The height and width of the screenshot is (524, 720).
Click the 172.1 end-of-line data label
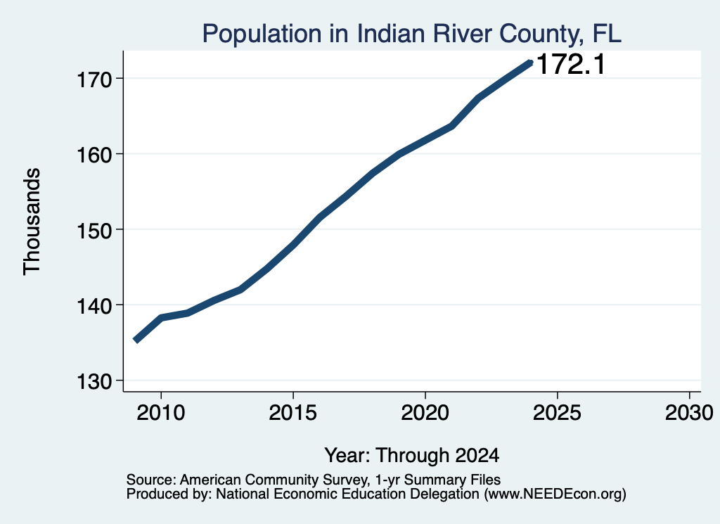click(571, 64)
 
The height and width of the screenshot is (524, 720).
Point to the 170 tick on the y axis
click(94, 80)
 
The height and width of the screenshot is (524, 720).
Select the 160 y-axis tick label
click(94, 155)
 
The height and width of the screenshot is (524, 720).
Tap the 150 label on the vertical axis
click(94, 231)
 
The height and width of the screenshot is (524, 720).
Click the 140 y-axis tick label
click(94, 306)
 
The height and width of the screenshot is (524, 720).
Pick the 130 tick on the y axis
click(94, 382)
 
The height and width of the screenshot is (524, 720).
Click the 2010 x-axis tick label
click(161, 413)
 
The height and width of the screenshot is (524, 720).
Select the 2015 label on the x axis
click(293, 413)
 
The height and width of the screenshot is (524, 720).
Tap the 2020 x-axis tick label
click(425, 413)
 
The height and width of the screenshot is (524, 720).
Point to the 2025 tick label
click(557, 413)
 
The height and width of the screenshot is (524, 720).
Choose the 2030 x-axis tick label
click(689, 413)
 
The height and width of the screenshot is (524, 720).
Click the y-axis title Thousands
click(32, 222)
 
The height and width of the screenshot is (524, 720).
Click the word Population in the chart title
click(262, 34)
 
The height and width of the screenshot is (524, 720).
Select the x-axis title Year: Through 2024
click(412, 456)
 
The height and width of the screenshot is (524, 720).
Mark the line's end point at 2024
click(530, 63)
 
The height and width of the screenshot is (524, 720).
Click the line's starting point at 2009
click(136, 340)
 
